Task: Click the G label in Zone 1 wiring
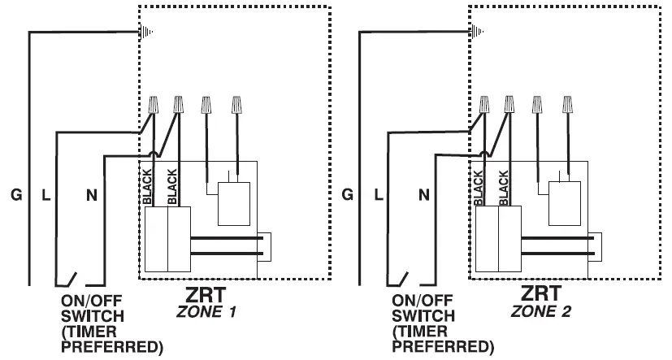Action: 16,194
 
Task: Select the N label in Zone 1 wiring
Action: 92,194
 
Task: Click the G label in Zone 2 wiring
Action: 348,194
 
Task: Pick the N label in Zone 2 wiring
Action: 424,194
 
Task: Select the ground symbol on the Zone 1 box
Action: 147,32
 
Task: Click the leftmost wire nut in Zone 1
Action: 153,105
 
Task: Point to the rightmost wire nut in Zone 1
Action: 236,105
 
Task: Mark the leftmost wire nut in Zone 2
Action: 485,105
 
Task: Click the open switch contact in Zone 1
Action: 69,277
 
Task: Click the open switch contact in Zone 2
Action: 401,277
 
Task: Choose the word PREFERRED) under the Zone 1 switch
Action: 112,348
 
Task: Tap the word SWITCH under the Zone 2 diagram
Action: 423,315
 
